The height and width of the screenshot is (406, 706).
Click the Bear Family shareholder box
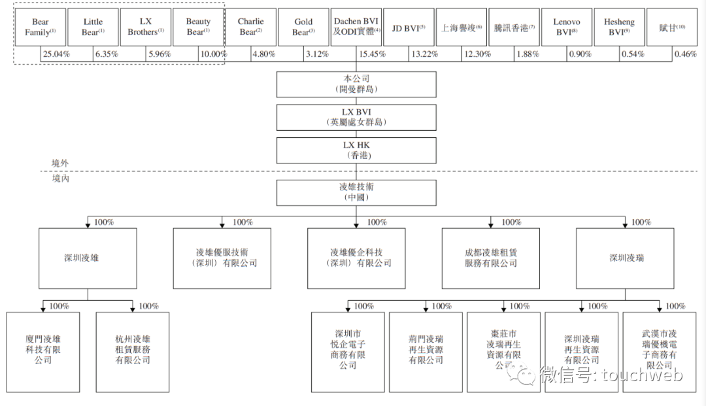click(x=41, y=27)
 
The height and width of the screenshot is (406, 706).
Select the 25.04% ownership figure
click(x=56, y=54)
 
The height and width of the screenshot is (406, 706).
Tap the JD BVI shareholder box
click(x=409, y=27)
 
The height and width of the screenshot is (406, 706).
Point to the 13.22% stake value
click(x=424, y=54)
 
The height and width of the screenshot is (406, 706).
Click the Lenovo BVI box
click(x=566, y=27)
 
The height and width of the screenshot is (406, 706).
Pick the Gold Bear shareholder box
click(x=303, y=27)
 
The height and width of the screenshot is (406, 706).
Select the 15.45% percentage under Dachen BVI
click(x=371, y=54)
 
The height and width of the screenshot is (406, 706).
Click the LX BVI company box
click(x=356, y=117)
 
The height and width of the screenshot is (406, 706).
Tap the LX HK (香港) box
click(x=356, y=150)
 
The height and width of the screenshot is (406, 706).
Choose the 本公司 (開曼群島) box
click(x=356, y=84)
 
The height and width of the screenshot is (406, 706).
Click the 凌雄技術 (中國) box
click(x=356, y=192)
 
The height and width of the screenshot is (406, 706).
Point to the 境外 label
click(x=60, y=163)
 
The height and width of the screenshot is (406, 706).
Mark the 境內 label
click(x=60, y=178)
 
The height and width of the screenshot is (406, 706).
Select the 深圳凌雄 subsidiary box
click(x=88, y=258)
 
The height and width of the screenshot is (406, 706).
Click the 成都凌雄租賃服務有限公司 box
click(x=491, y=258)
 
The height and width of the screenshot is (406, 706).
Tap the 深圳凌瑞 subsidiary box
click(x=626, y=258)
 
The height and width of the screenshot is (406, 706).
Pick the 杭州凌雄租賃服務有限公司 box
click(x=133, y=352)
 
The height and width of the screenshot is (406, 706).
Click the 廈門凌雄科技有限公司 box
click(x=43, y=352)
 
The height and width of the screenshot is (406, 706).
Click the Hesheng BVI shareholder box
click(x=619, y=27)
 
